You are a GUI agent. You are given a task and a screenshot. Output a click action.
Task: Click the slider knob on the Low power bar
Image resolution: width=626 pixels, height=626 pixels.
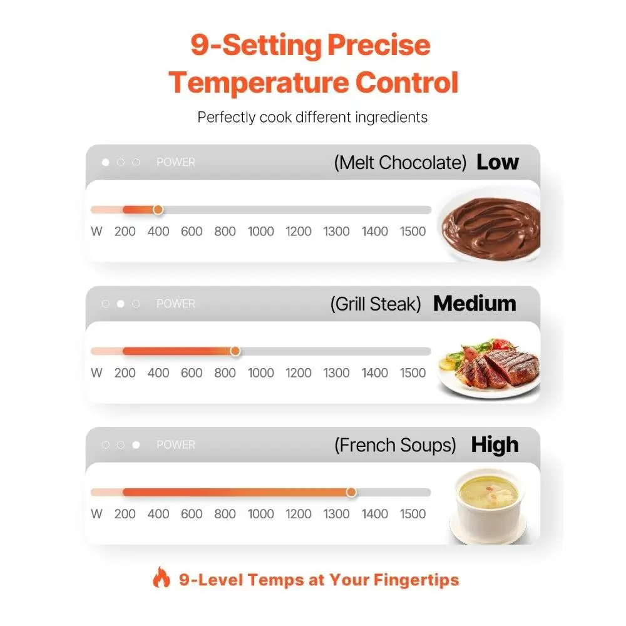158,210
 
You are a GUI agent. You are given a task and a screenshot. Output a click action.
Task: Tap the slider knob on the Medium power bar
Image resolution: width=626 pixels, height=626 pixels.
235,351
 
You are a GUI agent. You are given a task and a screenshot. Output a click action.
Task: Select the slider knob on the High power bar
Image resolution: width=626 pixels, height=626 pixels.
351,492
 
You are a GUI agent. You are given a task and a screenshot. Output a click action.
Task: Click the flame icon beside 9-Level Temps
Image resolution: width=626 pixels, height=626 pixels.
162,578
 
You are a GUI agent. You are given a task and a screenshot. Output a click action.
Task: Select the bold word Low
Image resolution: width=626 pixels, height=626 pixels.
498,162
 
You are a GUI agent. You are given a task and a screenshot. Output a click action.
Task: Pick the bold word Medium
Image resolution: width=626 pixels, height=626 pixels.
475,304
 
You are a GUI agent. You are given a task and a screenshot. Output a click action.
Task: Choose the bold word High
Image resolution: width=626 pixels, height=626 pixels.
495,445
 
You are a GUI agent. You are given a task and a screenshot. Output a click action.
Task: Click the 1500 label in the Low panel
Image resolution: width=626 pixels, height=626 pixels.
413,232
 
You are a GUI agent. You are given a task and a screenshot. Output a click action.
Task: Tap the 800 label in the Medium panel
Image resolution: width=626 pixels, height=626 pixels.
225,373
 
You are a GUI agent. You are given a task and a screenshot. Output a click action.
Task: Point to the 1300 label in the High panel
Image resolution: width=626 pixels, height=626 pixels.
336,514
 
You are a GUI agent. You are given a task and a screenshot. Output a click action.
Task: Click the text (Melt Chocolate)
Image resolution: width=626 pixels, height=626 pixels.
400,163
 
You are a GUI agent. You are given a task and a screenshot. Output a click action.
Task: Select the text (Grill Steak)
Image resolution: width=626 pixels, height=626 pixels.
376,304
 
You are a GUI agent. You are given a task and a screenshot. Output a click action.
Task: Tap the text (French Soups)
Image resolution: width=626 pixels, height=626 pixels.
395,445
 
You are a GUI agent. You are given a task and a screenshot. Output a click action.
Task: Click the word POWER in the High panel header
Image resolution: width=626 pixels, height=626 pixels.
176,445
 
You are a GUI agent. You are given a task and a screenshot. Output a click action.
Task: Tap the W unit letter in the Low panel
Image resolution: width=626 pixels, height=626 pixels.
96,232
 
